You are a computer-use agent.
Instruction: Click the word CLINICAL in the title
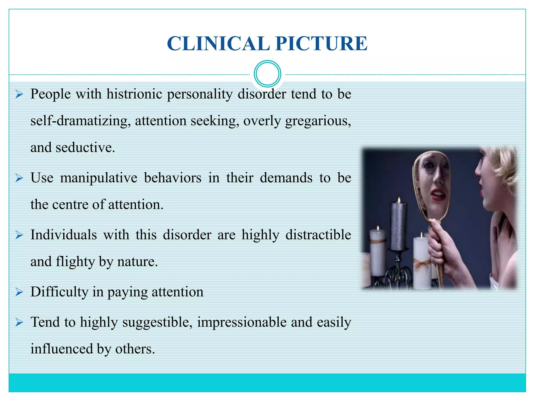point(218,43)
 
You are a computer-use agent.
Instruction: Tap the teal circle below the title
point(267,74)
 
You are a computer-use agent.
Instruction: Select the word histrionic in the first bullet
point(134,94)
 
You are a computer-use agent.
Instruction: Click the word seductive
point(85,148)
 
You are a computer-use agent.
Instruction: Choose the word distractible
point(318,235)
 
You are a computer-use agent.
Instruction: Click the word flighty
point(75,262)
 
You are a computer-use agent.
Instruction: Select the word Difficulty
point(59,292)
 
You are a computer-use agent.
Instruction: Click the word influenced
point(62,349)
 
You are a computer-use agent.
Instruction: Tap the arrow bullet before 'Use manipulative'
point(19,178)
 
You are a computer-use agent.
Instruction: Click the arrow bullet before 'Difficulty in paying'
point(19,292)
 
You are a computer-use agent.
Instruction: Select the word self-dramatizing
point(80,121)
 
